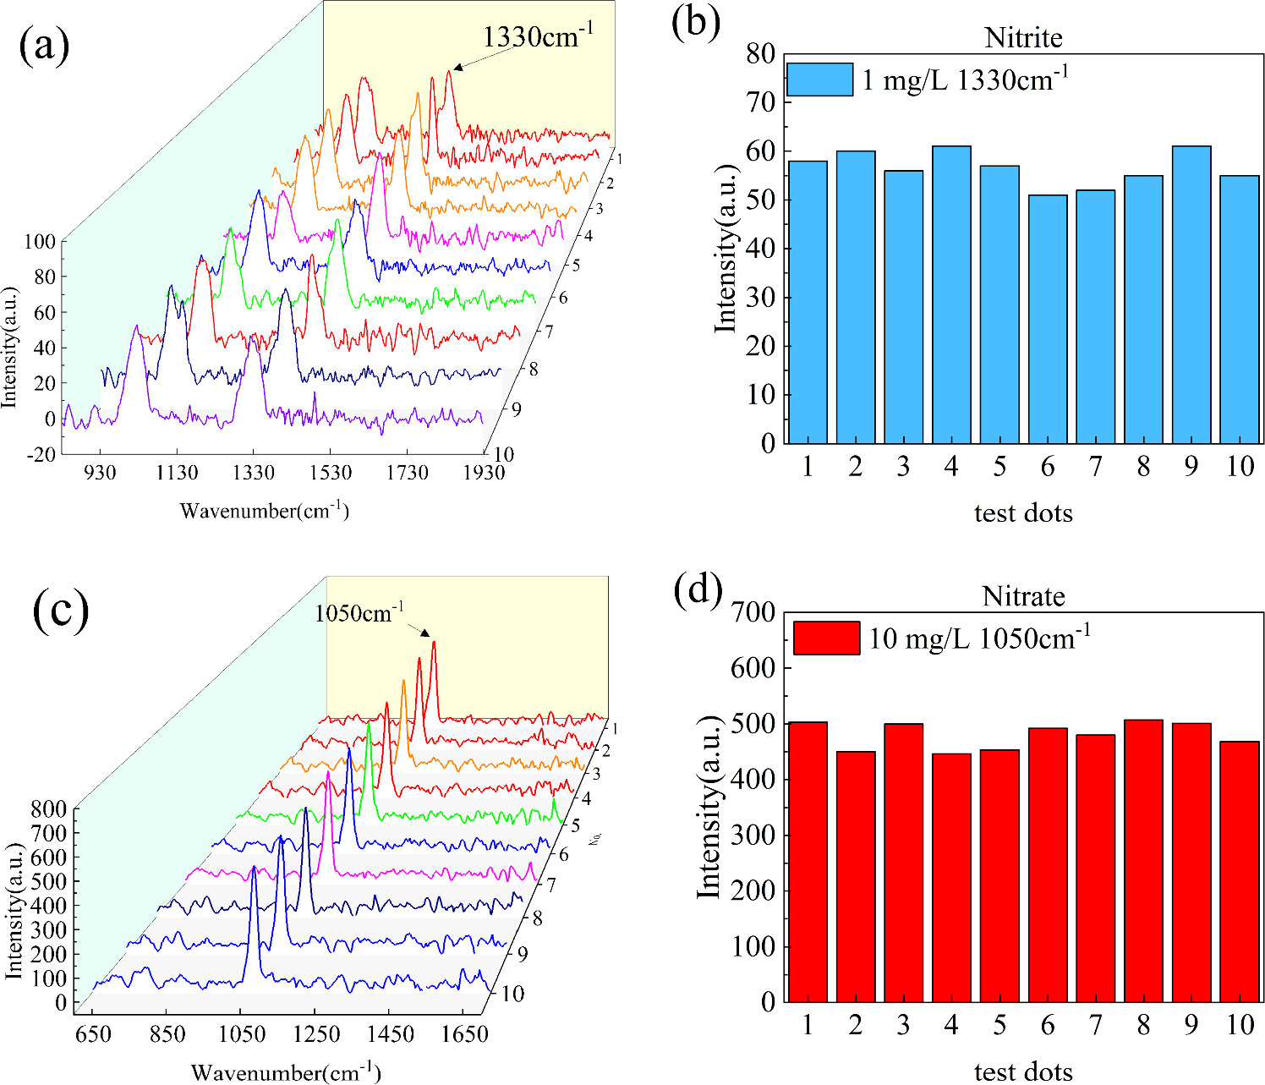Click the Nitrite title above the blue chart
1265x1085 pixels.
coord(1023,38)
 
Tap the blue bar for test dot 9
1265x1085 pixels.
coord(1191,296)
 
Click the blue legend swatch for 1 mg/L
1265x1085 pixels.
coord(819,79)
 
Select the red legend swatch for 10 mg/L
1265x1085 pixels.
coord(826,638)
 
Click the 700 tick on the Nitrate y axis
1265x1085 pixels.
coord(753,612)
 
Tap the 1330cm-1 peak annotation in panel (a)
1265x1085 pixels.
coord(539,38)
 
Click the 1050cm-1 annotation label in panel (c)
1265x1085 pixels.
coord(359,613)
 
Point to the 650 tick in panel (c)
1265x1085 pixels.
coord(93,1033)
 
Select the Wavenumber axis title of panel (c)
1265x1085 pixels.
coord(285,1072)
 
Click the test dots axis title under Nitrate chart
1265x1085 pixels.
coord(1023,1071)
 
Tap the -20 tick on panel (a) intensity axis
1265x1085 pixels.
coord(41,454)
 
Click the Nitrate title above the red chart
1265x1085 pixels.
coord(1023,596)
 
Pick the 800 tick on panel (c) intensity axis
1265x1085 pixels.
coord(49,809)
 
